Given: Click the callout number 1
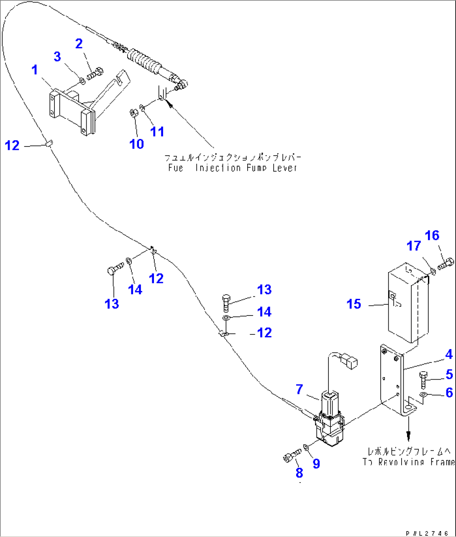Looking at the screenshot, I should point(35,70).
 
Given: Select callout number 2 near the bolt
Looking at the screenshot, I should point(79,44).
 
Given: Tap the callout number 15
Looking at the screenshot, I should point(354,304).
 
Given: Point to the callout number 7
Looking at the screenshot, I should point(300,390).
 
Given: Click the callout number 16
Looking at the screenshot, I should point(432,236).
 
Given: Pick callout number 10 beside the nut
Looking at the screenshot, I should point(137,144).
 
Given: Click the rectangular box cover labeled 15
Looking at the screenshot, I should point(408,299).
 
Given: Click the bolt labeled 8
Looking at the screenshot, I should point(292,456).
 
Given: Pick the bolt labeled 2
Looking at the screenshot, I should point(96,73).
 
